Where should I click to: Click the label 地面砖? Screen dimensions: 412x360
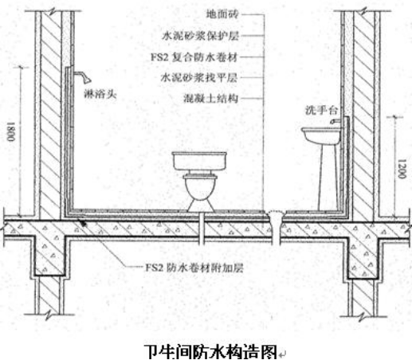pyautogui.click(x=222, y=14)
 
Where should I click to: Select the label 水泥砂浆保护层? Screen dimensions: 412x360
pyautogui.click(x=200, y=36)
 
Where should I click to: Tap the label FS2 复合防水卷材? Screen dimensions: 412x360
pyautogui.click(x=194, y=57)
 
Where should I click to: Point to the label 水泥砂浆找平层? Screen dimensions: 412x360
pyautogui.click(x=199, y=78)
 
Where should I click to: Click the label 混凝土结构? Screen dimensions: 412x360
pyautogui.click(x=210, y=99)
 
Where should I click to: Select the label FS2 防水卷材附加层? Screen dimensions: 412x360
pyautogui.click(x=194, y=268)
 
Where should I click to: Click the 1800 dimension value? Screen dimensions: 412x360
pyautogui.click(x=11, y=132)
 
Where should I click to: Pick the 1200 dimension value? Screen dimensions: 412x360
pyautogui.click(x=402, y=169)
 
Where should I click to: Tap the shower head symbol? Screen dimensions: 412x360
pyautogui.click(x=83, y=76)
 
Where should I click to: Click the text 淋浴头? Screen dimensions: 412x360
pyautogui.click(x=100, y=94)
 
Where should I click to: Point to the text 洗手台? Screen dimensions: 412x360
pyautogui.click(x=321, y=110)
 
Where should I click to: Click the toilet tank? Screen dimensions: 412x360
pyautogui.click(x=199, y=161)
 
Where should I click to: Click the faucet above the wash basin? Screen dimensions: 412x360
pyautogui.click(x=335, y=121)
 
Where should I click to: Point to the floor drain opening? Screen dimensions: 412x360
pyautogui.click(x=276, y=213)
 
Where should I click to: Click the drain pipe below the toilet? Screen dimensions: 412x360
pyautogui.click(x=202, y=229)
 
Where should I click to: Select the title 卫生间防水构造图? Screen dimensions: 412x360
pyautogui.click(x=210, y=352)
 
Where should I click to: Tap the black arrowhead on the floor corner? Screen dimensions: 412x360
pyautogui.click(x=83, y=223)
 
